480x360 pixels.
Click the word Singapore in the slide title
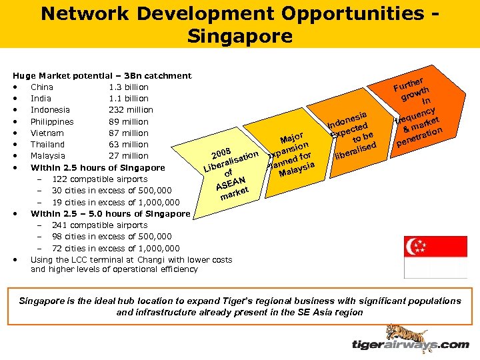click(239, 35)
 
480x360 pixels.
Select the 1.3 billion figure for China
click(129, 87)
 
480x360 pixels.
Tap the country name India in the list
click(42, 99)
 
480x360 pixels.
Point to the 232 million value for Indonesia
click(131, 110)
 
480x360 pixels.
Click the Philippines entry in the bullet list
click(52, 122)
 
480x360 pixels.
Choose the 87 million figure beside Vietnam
click(129, 133)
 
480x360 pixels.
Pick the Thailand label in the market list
click(47, 145)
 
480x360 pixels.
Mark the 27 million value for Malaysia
click(129, 156)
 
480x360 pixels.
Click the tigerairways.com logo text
click(410, 345)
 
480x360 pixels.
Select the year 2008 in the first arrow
click(219, 147)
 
